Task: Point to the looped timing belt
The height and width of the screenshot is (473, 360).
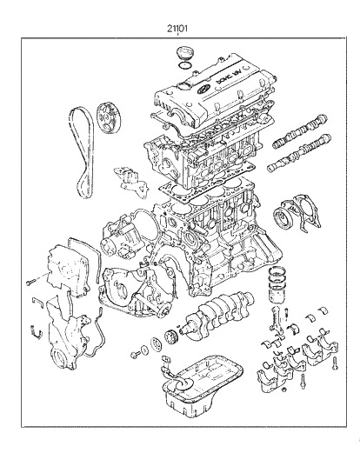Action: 81,148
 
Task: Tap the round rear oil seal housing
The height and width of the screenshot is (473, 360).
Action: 289,217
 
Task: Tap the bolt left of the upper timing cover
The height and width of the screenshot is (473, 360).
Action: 28,280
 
